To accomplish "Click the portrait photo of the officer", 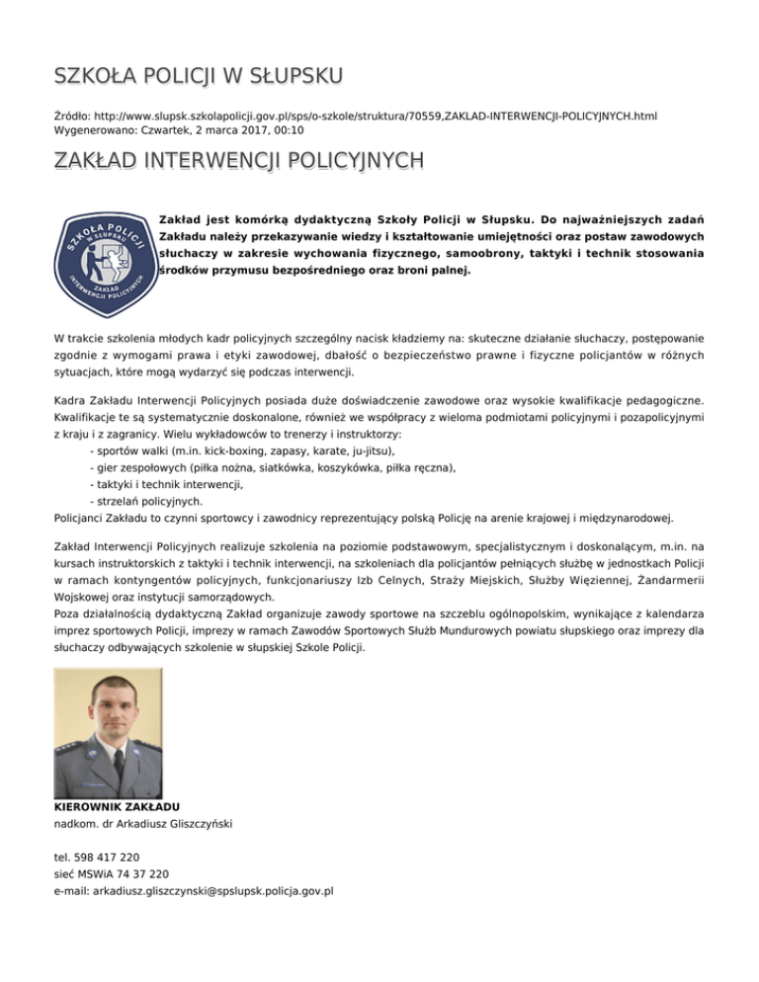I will pos(107,732).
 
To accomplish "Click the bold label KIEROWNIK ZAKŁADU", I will pos(116,807).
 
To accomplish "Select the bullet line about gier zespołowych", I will pos(272,467).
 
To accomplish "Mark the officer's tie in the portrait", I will pos(119,764).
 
